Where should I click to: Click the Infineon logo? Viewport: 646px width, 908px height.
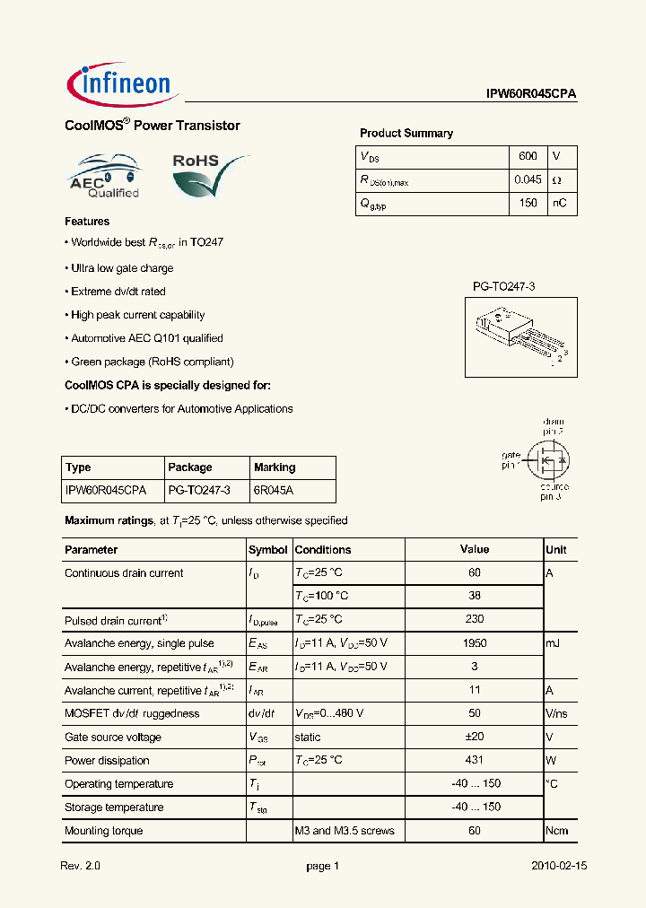click(124, 84)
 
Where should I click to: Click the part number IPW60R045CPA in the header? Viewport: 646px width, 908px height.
click(531, 93)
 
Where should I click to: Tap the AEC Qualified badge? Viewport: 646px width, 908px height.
click(105, 176)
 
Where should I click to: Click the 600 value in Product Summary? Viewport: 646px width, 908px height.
click(528, 156)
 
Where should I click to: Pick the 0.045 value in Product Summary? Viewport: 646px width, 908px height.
click(528, 179)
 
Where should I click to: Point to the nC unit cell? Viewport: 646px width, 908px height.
click(559, 203)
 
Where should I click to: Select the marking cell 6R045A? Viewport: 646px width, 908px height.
click(273, 491)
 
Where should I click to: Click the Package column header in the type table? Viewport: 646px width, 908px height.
click(190, 467)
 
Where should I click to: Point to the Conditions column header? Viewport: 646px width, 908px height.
click(323, 550)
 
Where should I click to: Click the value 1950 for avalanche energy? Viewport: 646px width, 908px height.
click(475, 643)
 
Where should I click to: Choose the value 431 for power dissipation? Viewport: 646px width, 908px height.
click(475, 760)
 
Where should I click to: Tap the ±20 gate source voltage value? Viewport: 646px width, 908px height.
click(475, 737)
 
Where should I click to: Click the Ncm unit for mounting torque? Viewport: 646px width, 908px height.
click(557, 830)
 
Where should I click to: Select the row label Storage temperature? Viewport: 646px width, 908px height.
click(114, 807)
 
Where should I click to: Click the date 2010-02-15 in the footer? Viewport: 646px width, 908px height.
click(558, 867)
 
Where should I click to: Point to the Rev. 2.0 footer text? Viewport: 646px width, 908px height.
click(81, 867)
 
